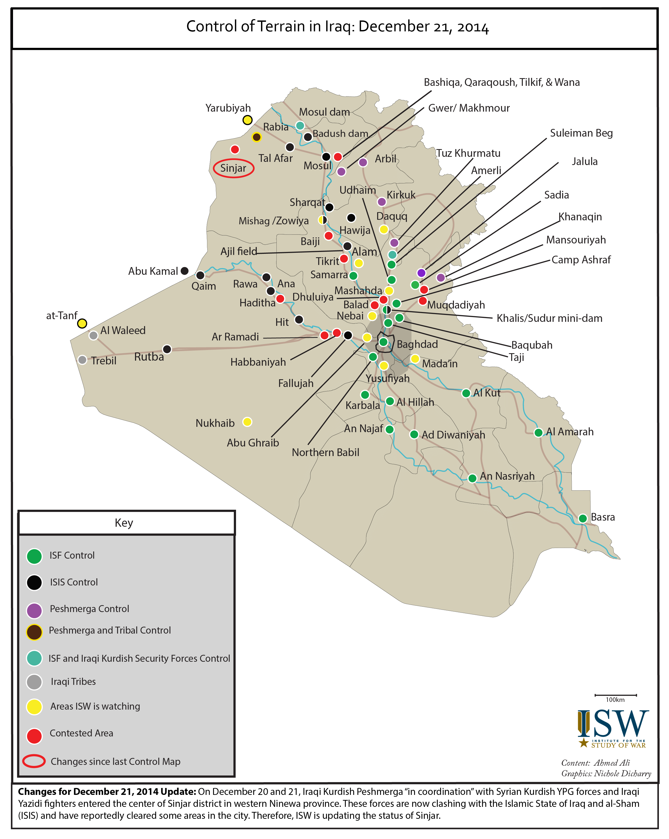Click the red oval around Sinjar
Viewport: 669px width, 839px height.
point(234,168)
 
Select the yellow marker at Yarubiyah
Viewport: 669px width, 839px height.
point(247,120)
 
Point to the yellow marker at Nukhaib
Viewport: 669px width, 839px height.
point(247,422)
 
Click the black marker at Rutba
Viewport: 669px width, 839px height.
point(167,349)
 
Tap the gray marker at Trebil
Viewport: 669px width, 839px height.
point(82,360)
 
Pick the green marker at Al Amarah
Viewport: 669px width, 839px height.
point(538,432)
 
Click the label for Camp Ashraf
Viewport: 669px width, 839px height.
point(581,260)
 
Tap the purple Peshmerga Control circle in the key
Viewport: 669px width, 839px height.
point(34,610)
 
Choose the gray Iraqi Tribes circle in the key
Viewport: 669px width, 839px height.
point(34,682)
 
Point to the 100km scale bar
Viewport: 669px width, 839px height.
point(615,695)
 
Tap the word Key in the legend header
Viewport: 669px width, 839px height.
point(124,523)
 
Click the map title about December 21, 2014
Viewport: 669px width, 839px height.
point(337,27)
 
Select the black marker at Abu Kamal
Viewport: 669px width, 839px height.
point(185,271)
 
